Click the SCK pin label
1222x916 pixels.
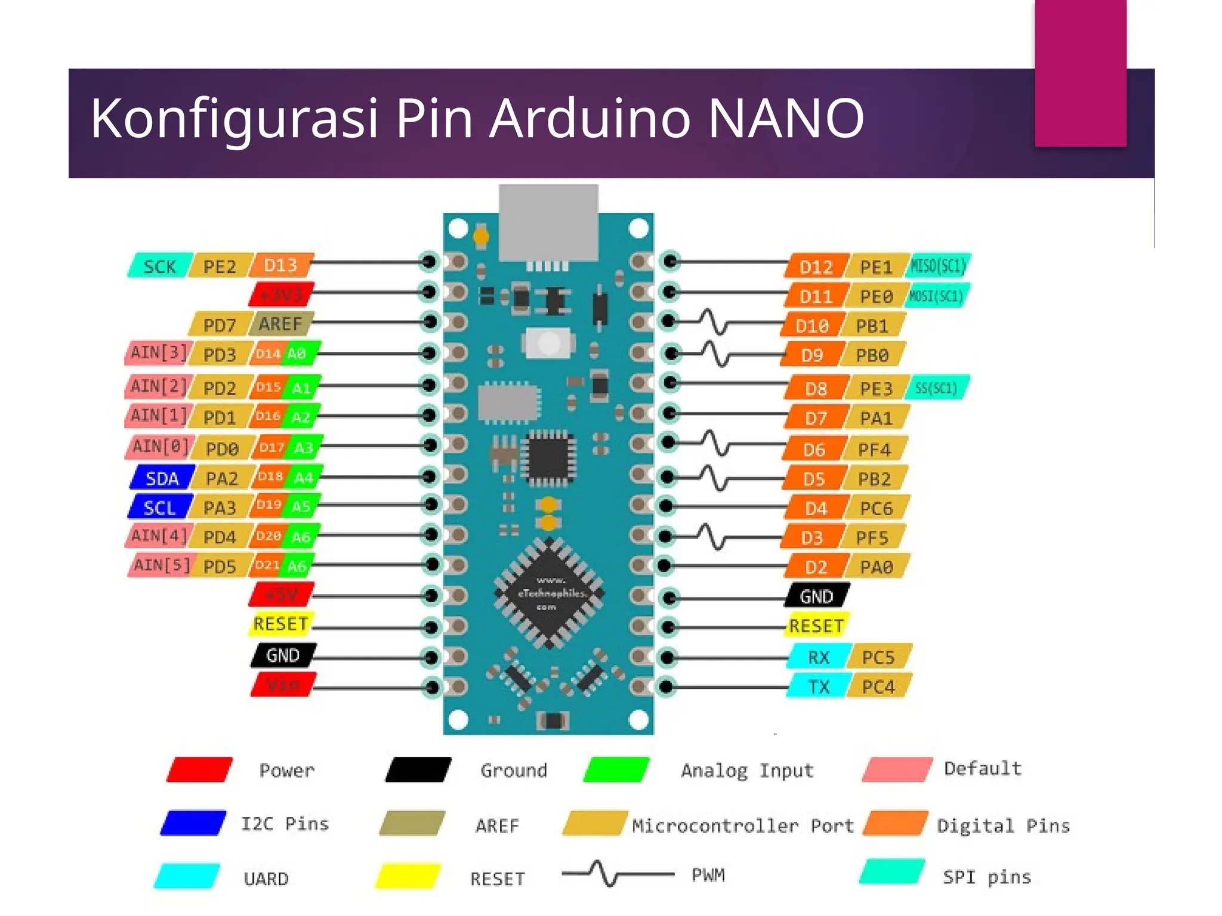(x=160, y=266)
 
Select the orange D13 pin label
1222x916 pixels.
(x=280, y=265)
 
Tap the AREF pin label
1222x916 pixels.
(x=280, y=324)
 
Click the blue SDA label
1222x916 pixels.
(x=162, y=478)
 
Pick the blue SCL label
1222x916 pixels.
(x=160, y=507)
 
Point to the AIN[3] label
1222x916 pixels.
(x=158, y=353)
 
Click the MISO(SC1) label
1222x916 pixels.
(x=937, y=266)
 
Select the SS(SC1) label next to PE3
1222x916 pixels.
(x=936, y=388)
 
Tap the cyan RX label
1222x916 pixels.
(x=818, y=657)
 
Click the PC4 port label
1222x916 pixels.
(x=878, y=686)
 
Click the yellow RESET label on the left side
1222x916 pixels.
(x=280, y=624)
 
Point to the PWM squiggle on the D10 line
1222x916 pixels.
(x=713, y=322)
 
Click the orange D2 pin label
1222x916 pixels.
(x=815, y=567)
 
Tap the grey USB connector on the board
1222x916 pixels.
(x=548, y=222)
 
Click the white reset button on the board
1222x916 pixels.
(x=549, y=343)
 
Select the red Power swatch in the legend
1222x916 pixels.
(x=199, y=769)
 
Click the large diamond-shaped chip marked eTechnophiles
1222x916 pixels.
(x=549, y=593)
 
